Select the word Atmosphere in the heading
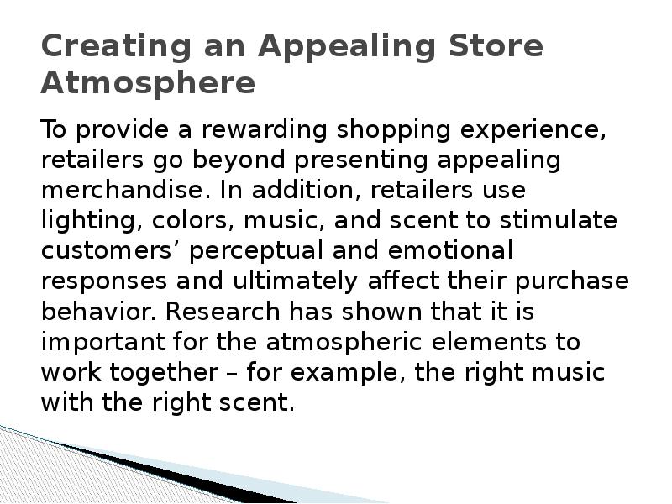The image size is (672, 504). tap(148, 83)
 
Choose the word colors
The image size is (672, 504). tap(179, 222)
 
